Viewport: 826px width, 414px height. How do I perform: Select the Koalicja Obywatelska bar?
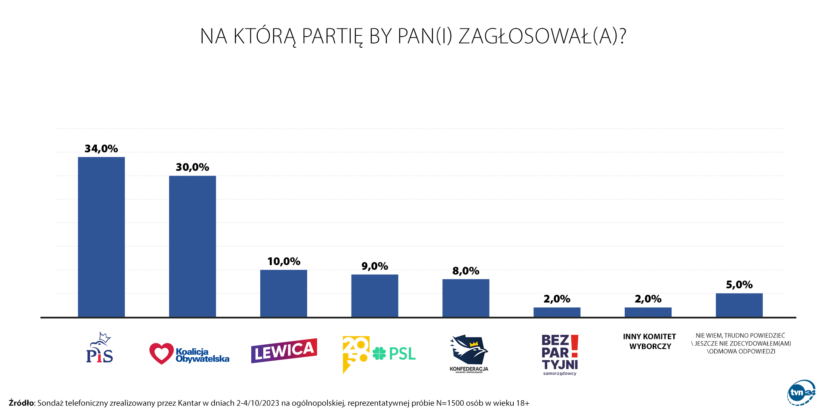click(192, 246)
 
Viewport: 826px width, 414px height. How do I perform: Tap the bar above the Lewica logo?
click(284, 294)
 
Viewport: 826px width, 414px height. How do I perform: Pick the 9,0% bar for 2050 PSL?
click(375, 296)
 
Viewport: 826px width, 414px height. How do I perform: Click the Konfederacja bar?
click(466, 298)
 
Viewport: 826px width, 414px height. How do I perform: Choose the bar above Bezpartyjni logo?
click(557, 312)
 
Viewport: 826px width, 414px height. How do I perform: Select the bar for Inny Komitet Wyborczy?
click(648, 312)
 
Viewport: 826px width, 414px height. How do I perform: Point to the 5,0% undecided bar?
click(739, 305)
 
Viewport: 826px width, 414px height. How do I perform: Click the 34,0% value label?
click(101, 149)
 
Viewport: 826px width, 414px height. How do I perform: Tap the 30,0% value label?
click(192, 167)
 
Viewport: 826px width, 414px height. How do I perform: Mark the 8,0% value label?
click(466, 271)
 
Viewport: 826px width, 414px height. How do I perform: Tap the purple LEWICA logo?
click(284, 351)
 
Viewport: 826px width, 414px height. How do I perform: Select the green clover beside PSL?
click(379, 354)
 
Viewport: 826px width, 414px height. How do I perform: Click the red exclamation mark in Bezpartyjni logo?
click(575, 346)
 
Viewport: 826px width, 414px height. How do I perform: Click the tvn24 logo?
click(801, 392)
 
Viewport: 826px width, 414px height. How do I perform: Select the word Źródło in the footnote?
click(21, 403)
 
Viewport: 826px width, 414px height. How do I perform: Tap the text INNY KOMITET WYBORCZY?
click(650, 341)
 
